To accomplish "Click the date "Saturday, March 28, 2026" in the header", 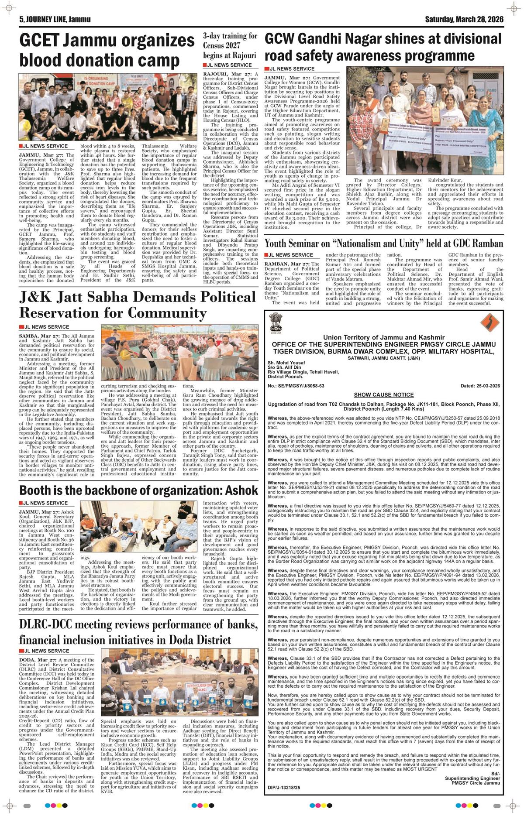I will [464, 20].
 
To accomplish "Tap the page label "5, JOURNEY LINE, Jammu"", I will [49, 20].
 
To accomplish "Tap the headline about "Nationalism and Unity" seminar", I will [384, 243].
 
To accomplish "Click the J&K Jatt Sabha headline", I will [137, 305].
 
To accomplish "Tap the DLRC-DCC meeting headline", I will [138, 631].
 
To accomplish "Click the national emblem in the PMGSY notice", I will [276, 323].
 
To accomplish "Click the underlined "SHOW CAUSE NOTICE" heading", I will [384, 394].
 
